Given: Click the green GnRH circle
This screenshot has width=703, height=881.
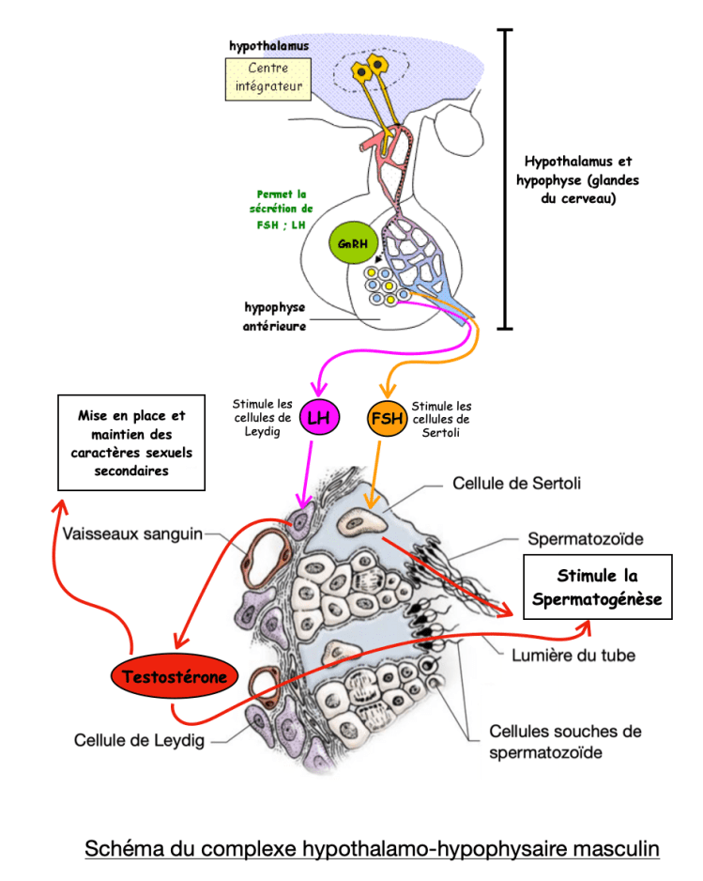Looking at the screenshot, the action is click(x=353, y=242).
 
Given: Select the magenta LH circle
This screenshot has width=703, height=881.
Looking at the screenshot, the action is click(x=319, y=417).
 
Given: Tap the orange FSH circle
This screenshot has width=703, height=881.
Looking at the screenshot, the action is click(x=387, y=418).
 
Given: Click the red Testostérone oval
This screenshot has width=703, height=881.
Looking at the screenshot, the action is click(x=174, y=676).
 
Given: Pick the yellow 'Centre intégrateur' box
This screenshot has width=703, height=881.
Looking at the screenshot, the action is click(x=268, y=79).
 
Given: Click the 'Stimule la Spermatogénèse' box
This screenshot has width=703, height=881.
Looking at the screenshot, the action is click(x=598, y=587).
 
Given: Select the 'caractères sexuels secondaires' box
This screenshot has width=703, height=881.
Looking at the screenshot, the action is click(x=131, y=442).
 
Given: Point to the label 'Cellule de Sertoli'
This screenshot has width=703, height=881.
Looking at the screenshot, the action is click(x=516, y=483).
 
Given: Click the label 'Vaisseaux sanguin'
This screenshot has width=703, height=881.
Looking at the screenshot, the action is click(x=132, y=533).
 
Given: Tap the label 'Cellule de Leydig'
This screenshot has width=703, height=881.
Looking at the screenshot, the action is click(x=139, y=740).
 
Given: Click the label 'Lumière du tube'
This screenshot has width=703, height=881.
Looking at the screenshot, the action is click(x=573, y=656).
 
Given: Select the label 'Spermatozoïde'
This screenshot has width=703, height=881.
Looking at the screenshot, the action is click(x=585, y=539).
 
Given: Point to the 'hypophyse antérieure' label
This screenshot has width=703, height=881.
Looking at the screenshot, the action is click(x=275, y=317).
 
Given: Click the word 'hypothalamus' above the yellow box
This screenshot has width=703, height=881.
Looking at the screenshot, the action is click(x=269, y=46).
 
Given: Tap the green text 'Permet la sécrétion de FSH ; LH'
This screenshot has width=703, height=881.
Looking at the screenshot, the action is click(x=282, y=209).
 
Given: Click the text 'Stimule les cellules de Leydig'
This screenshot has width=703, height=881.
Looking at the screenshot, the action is click(x=262, y=417).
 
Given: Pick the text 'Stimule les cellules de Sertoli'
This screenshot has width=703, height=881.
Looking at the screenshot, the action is click(x=441, y=419).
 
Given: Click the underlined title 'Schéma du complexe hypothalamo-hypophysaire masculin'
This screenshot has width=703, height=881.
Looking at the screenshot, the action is click(x=372, y=848).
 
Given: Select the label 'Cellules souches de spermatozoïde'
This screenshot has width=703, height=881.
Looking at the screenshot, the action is click(x=565, y=742).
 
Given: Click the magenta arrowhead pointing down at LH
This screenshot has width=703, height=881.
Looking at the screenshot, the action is click(x=319, y=388).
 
